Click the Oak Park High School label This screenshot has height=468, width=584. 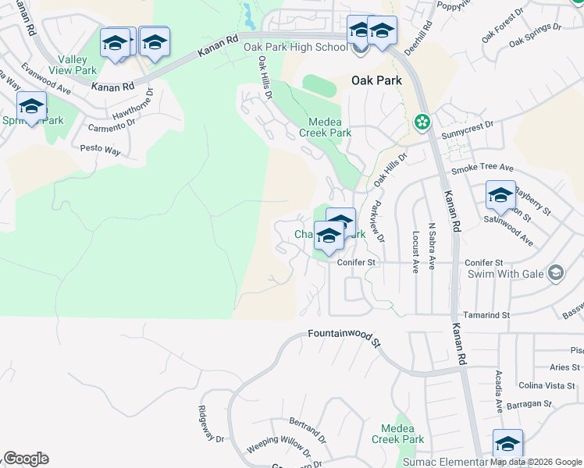pyautogui.click(x=295, y=48)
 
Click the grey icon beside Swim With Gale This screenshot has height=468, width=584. pyautogui.click(x=555, y=273)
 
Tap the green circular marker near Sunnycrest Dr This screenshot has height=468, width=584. pyautogui.click(x=422, y=122)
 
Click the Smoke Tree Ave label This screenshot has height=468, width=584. pyautogui.click(x=483, y=168)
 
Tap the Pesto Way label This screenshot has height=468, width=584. pyautogui.click(x=101, y=148)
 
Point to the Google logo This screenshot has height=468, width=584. pyautogui.click(x=26, y=459)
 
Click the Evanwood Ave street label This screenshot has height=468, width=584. pyautogui.click(x=47, y=80)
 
